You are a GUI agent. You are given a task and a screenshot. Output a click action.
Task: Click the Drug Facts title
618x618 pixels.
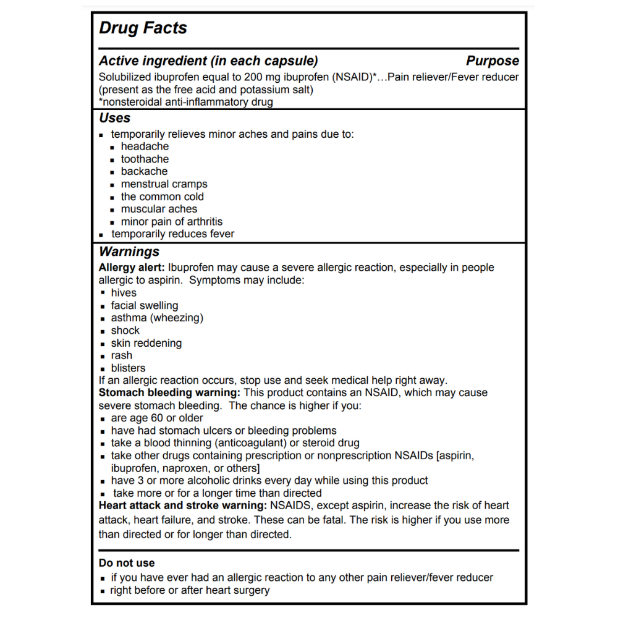click(143, 28)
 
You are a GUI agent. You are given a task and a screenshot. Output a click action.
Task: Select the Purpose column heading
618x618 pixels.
click(492, 61)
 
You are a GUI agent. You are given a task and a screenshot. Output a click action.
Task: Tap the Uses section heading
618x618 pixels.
click(115, 118)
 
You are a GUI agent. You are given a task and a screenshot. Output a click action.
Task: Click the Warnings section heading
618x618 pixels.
click(129, 252)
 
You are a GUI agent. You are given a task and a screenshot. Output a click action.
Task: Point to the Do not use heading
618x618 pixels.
click(127, 563)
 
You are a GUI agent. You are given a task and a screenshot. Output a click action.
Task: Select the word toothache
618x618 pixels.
click(145, 159)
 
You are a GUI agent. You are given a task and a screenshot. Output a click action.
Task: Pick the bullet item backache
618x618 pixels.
click(144, 171)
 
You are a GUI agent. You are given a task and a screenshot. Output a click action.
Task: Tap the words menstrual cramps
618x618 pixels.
click(164, 184)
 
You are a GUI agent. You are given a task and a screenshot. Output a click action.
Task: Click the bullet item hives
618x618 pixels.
click(124, 293)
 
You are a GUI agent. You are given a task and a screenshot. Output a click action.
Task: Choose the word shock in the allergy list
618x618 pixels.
click(125, 331)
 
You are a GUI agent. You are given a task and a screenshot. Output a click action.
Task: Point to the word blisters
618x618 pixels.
click(128, 368)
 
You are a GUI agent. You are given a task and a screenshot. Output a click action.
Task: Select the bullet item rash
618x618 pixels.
click(122, 355)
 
